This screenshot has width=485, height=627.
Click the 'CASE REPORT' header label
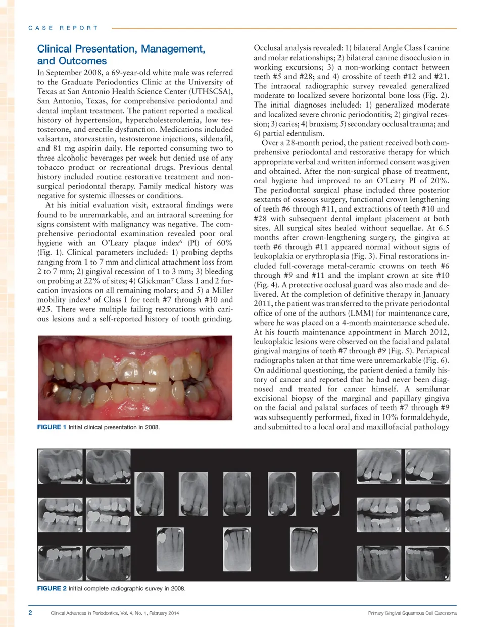pos(63,28)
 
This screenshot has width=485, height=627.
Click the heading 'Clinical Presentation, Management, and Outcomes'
pos(121,55)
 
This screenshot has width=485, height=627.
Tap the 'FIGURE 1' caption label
pos(52,427)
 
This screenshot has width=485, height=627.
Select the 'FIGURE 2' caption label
pos(52,588)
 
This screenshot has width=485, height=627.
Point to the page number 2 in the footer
pos(30,613)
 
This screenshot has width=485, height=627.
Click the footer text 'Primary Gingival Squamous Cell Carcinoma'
pos(412,613)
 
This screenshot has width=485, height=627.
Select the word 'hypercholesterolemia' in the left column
pos(171,120)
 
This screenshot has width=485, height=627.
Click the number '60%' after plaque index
pos(224,243)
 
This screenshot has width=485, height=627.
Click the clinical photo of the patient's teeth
pos(135,378)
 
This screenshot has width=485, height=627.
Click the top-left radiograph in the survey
pos(60,466)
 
